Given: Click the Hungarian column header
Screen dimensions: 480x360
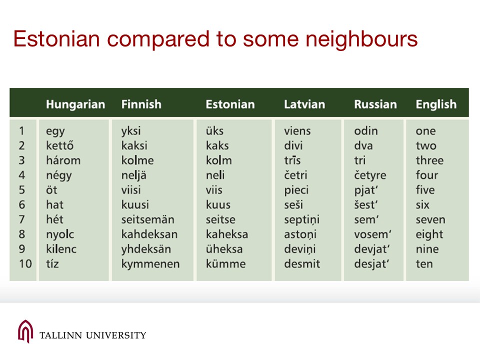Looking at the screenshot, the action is coord(75,104).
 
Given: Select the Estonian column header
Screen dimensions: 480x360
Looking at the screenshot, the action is coord(230,104).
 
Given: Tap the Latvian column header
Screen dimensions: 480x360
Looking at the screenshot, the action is coord(304,104).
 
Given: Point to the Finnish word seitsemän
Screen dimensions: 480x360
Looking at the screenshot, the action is coord(148,219).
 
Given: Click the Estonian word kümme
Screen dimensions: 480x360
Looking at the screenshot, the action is coord(225,263).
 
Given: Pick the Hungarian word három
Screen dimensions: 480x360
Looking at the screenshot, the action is coord(63,160).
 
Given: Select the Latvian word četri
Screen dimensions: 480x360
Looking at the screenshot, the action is coord(295,175).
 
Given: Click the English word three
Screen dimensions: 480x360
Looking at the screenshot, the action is coord(429,160).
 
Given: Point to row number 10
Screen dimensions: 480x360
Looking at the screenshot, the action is coord(25,263).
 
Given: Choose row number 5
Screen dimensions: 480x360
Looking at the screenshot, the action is coord(21,190).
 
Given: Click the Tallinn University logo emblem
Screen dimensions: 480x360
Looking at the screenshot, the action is coord(25,331).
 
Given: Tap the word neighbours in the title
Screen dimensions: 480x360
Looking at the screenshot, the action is coord(361,40).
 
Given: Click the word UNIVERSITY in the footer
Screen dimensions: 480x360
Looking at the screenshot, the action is coord(116,335).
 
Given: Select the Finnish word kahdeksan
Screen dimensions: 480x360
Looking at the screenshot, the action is coord(149,234).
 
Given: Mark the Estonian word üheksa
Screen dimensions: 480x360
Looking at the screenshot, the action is coord(224,249).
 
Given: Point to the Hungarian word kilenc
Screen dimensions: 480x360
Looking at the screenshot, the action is coord(61,249).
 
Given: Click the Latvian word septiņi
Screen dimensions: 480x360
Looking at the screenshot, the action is coord(302,220).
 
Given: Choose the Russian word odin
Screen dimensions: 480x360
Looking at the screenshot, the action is coord(366,130).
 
